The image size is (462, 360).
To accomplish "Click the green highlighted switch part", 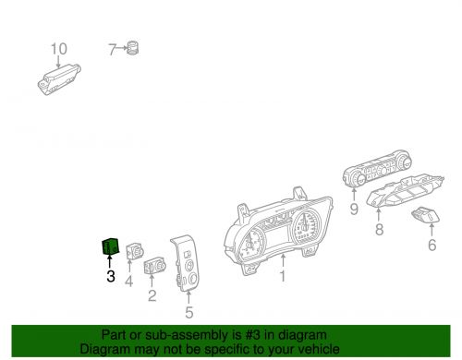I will (x=109, y=246).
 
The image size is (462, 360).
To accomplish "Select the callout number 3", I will (x=110, y=275).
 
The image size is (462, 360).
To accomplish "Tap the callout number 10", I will (x=58, y=49).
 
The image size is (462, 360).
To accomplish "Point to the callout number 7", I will (x=113, y=49).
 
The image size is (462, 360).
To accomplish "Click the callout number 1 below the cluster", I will (x=284, y=275).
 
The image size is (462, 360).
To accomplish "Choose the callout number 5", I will (x=188, y=312).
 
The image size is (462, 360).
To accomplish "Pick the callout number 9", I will (x=353, y=210).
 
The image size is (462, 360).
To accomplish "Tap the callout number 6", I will (x=431, y=245).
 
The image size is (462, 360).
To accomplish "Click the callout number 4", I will (x=130, y=281).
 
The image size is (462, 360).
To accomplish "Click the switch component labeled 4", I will (x=133, y=251).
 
